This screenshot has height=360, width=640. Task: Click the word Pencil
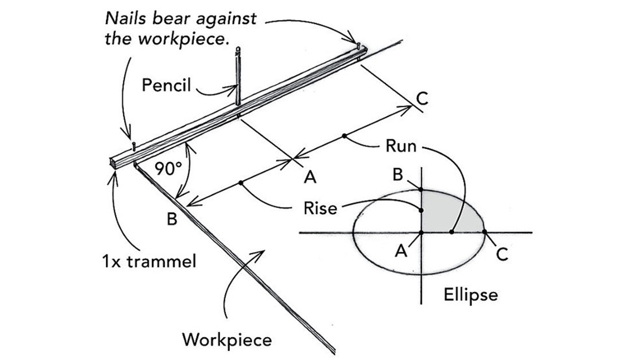pyautogui.click(x=166, y=85)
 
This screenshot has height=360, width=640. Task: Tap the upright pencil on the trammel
pyautogui.click(x=238, y=80)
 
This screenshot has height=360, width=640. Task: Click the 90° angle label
pyautogui.click(x=169, y=169)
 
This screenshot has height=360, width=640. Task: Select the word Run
pyautogui.click(x=401, y=146)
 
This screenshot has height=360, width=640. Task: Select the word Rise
pyautogui.click(x=320, y=209)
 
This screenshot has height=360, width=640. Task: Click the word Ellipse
pyautogui.click(x=470, y=294)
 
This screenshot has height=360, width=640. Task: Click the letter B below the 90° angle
pyautogui.click(x=172, y=219)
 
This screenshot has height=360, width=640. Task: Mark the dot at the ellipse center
pyautogui.click(x=421, y=233)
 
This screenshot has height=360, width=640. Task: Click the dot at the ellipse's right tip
pyautogui.click(x=485, y=232)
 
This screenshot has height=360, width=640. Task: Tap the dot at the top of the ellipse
pyautogui.click(x=421, y=189)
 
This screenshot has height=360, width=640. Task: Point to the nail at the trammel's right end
pyautogui.click(x=359, y=45)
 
